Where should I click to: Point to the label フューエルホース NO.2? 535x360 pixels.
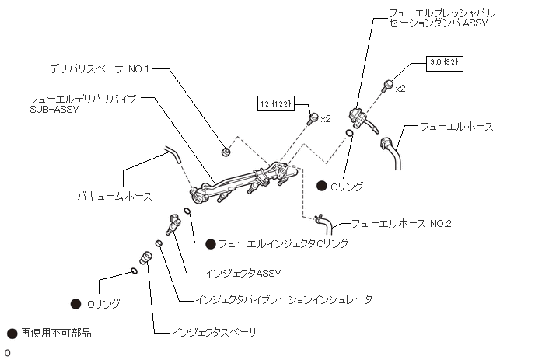point(400,224)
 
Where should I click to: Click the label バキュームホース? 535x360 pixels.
point(115,196)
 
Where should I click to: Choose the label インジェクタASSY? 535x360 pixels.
point(242,273)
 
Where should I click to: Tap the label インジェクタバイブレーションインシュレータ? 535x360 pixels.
point(284,299)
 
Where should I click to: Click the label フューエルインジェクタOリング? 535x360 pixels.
point(282,243)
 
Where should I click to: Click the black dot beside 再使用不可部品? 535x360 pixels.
point(12,334)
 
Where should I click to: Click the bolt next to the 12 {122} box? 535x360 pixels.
point(313,118)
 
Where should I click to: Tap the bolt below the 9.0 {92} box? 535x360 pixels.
point(387,85)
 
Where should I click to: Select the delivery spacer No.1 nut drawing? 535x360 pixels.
point(226,150)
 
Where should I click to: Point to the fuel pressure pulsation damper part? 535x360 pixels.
point(359,117)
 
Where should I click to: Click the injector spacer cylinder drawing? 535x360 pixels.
point(144,257)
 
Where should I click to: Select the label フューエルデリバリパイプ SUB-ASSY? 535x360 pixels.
point(82,103)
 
